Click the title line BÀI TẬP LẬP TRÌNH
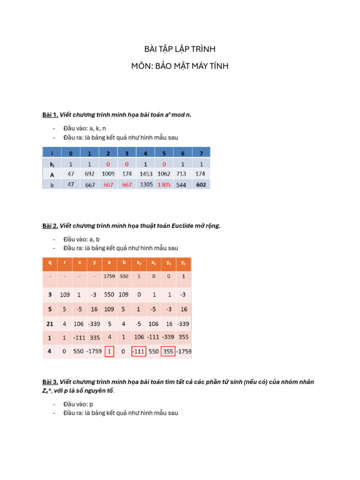pyautogui.click(x=180, y=49)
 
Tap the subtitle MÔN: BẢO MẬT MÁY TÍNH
pyautogui.click(x=180, y=66)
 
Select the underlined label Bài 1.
pyautogui.click(x=50, y=114)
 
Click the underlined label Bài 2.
pyautogui.click(x=50, y=226)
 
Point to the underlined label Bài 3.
pyautogui.click(x=50, y=382)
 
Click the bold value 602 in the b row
pyautogui.click(x=201, y=185)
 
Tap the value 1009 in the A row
pyautogui.click(x=108, y=174)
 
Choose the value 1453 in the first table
pyautogui.click(x=146, y=174)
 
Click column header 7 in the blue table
pyautogui.click(x=201, y=153)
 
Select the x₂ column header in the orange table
pyautogui.click(x=138, y=263)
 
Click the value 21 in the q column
pyautogui.click(x=50, y=323)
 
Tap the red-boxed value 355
pyautogui.click(x=168, y=352)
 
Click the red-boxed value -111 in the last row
pyautogui.click(x=138, y=352)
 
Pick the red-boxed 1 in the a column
pyautogui.click(x=109, y=352)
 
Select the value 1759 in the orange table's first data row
pyautogui.click(x=109, y=277)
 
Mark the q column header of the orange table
pyautogui.click(x=50, y=263)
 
